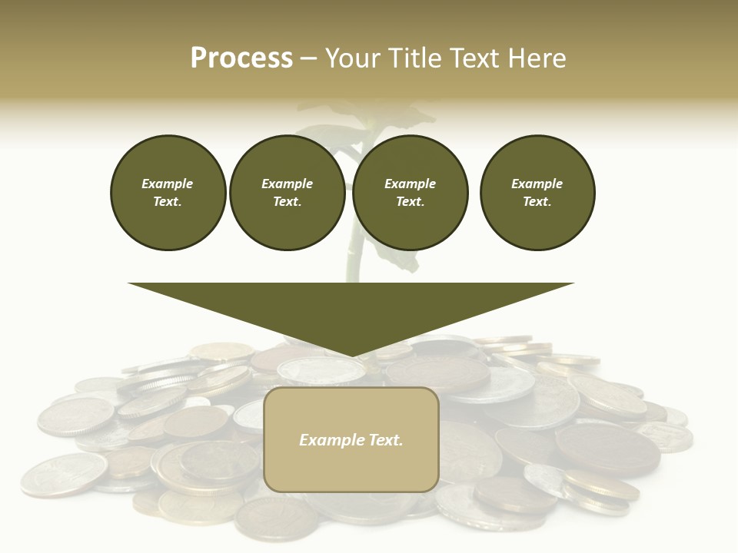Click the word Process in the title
pos(241,58)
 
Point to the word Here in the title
pos(537,58)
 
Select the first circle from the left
pos(168,193)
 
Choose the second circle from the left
pos(287,193)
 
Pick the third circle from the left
pos(410,193)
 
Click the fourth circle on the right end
pos(537,193)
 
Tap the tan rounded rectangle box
pos(351,439)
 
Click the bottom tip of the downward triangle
pos(351,356)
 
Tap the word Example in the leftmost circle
pos(168,184)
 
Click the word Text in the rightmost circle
pos(537,202)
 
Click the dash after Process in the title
pos(308,58)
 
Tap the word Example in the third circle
pos(410,184)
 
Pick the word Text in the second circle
pos(287,202)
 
